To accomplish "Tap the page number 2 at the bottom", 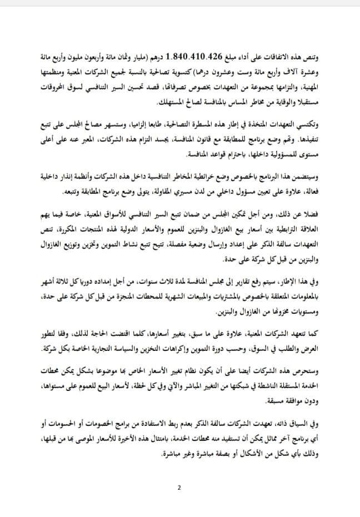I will click(179, 488).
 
